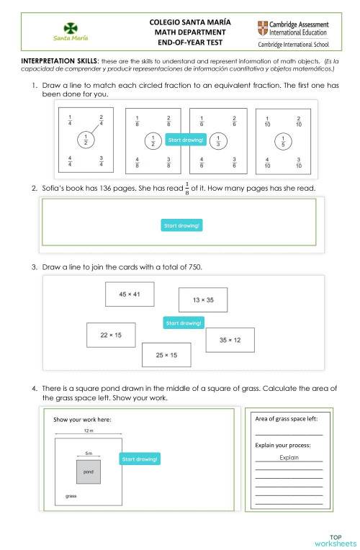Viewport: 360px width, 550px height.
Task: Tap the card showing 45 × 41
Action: click(x=130, y=294)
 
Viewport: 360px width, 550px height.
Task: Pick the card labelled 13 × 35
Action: click(x=203, y=299)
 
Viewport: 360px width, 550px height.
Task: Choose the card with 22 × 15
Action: click(x=111, y=335)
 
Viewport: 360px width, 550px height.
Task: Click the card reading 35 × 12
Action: click(x=230, y=340)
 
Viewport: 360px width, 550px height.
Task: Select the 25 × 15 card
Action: click(x=166, y=355)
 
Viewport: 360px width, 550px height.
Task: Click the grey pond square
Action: click(x=89, y=472)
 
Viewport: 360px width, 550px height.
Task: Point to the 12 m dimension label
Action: click(x=89, y=430)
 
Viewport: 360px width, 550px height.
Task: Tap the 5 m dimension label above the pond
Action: click(x=89, y=454)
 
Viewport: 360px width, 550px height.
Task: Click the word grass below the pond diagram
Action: click(x=71, y=497)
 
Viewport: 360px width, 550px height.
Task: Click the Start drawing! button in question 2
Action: click(x=181, y=226)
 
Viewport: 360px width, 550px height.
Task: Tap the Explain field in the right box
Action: click(x=289, y=457)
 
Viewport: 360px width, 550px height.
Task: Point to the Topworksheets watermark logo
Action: click(x=335, y=540)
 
